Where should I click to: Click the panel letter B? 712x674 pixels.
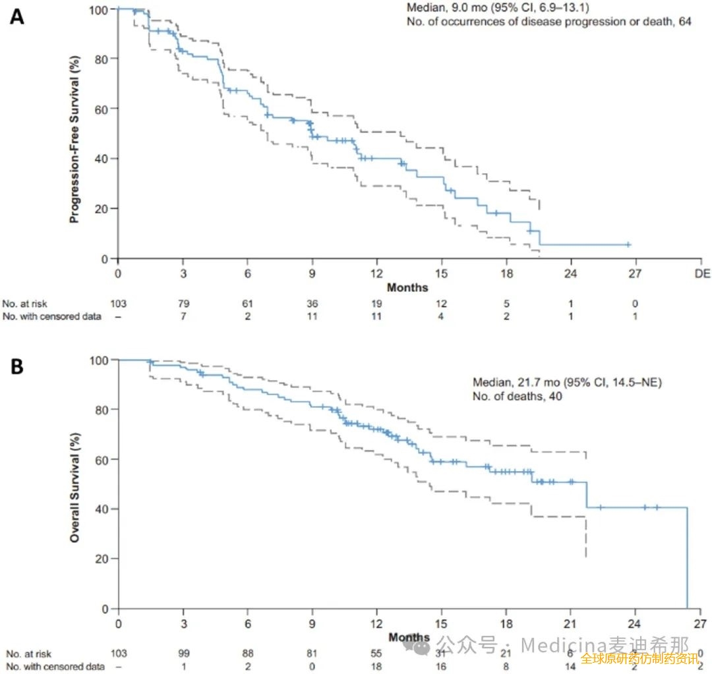point(18,366)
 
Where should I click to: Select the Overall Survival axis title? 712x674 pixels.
point(75,488)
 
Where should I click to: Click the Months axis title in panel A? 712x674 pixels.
point(407,287)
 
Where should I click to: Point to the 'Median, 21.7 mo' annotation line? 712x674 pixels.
point(567,382)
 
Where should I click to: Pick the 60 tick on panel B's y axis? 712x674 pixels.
point(102,459)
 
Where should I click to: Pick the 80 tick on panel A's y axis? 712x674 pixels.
point(102,59)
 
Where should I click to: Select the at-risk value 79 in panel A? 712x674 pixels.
point(183,304)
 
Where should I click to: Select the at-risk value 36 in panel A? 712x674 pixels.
point(312,304)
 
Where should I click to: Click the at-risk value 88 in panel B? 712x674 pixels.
point(247,653)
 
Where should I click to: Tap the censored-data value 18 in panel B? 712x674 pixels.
point(376,666)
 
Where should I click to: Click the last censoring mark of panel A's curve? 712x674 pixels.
point(628,244)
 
